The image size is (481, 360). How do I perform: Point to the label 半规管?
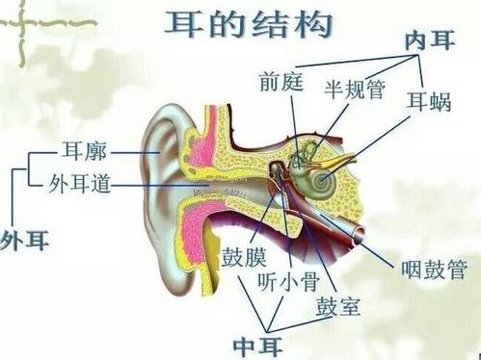click(355, 89)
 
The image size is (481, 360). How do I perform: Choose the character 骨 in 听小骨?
click(307, 282)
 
